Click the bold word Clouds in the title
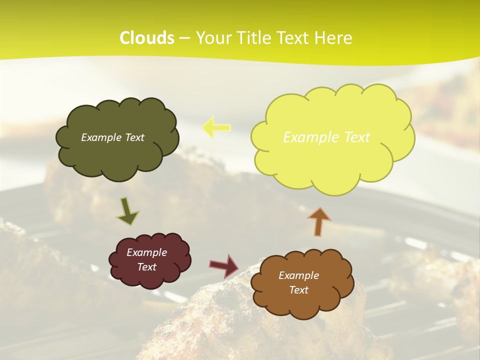pyautogui.click(x=147, y=38)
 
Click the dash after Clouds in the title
pyautogui.click(x=184, y=38)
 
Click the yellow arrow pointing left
pyautogui.click(x=216, y=127)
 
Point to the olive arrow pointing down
pyautogui.click(x=127, y=210)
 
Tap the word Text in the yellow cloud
pyautogui.click(x=356, y=137)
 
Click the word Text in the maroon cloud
pyautogui.click(x=147, y=267)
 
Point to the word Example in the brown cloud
pyautogui.click(x=298, y=275)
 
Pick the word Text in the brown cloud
pyautogui.click(x=298, y=290)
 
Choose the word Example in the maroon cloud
pyautogui.click(x=147, y=252)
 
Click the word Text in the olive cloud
pyautogui.click(x=134, y=137)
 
